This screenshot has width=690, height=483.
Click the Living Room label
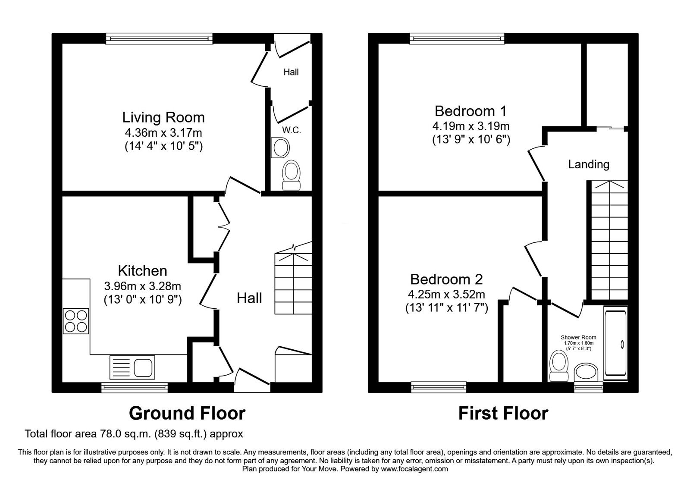click(163, 117)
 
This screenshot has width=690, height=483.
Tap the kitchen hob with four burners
click(76, 321)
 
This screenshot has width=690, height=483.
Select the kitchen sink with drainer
click(132, 367)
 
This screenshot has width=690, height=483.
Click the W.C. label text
click(292, 130)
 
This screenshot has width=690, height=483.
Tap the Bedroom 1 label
click(470, 111)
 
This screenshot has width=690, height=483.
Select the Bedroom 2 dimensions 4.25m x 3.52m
click(446, 295)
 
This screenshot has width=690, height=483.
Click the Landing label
click(588, 164)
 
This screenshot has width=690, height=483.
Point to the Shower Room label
click(578, 337)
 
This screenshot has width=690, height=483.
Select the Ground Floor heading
click(187, 413)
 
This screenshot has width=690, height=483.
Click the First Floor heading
click(503, 413)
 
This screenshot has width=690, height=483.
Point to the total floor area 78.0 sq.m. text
click(134, 434)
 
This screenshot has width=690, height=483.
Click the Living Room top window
click(160, 39)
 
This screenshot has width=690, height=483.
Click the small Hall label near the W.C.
click(291, 72)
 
